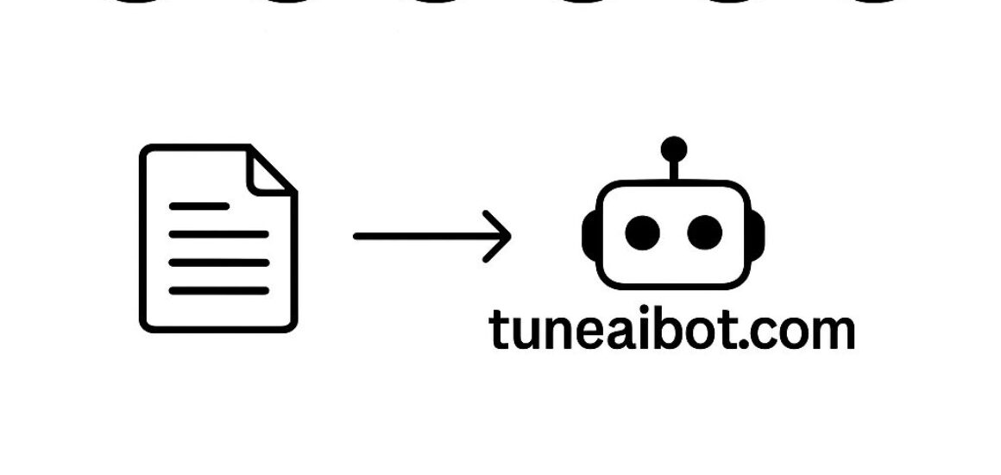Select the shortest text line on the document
click(198, 206)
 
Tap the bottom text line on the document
click(218, 290)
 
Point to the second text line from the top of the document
click(218, 234)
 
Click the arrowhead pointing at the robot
click(500, 235)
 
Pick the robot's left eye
click(641, 231)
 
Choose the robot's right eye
click(705, 231)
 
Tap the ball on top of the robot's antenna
click(673, 149)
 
